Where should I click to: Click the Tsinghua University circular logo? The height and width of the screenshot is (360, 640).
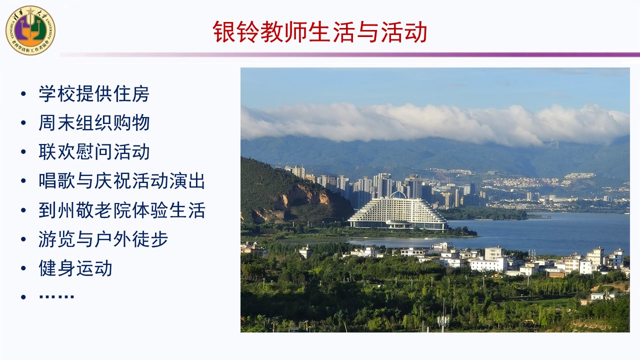click(x=30, y=30)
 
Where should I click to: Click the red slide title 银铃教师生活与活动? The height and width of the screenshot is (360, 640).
click(x=319, y=31)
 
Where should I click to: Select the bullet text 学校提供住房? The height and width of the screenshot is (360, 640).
click(x=94, y=93)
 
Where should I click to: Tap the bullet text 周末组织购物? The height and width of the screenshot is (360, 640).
click(x=94, y=123)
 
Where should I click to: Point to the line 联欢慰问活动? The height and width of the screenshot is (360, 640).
click(x=94, y=151)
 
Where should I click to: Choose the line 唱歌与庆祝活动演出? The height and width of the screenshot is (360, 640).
click(x=121, y=181)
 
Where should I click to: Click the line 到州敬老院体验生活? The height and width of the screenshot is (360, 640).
click(x=121, y=210)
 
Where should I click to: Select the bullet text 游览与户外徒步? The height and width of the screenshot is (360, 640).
click(x=103, y=239)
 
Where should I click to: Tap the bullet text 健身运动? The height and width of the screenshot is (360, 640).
click(x=75, y=268)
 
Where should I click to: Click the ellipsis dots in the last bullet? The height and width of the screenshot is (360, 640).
click(x=56, y=297)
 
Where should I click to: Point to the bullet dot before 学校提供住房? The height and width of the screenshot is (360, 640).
click(x=23, y=93)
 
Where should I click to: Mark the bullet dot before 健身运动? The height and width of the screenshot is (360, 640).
click(x=23, y=268)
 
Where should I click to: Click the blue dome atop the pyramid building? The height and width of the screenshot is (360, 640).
click(x=398, y=195)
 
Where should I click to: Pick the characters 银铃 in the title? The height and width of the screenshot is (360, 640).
click(x=236, y=31)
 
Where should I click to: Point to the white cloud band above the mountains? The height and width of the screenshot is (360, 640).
click(x=434, y=124)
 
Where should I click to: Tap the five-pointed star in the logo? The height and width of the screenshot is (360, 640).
click(x=30, y=11)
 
